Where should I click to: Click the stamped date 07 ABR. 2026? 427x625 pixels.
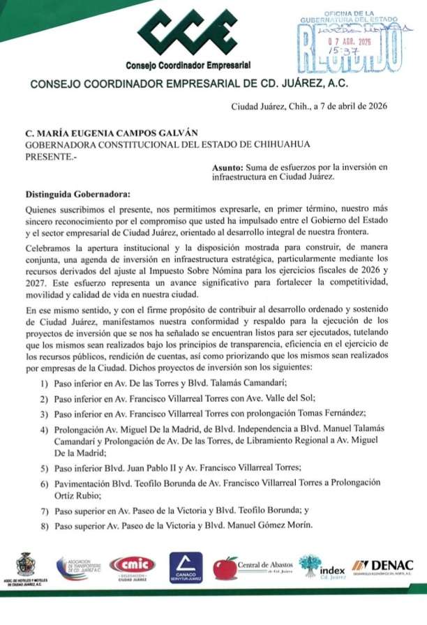[350, 40]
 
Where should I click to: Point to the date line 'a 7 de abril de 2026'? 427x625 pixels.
[348, 107]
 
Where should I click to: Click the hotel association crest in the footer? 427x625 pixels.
[26, 565]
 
